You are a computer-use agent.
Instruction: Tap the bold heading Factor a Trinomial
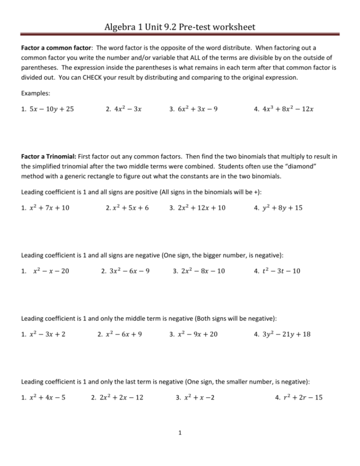coord(50,157)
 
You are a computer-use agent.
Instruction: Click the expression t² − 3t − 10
coord(280,271)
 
